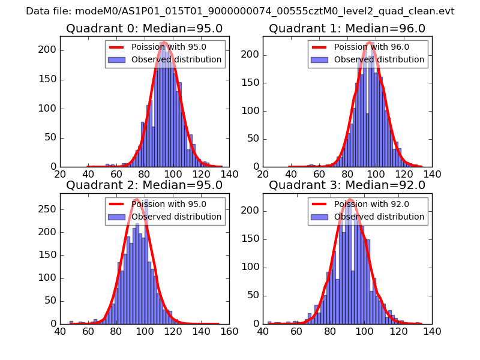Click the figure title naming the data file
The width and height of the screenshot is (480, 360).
[x=240, y=11]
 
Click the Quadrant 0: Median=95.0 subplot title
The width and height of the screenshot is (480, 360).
[x=144, y=28]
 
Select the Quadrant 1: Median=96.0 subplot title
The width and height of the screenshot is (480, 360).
[x=347, y=28]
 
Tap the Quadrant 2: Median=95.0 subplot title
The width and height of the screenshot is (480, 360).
[x=144, y=185]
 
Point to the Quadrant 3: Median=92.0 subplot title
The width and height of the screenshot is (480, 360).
[x=347, y=185]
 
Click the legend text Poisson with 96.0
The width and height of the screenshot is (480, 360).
[x=371, y=47]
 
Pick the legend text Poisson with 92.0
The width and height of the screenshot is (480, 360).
[x=371, y=205]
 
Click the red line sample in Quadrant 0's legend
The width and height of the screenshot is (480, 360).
[x=117, y=47]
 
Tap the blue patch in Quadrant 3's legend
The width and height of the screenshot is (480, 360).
[x=320, y=217]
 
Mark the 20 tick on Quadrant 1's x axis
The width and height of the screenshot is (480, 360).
[x=263, y=174]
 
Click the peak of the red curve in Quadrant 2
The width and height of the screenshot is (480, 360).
[x=136, y=199]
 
